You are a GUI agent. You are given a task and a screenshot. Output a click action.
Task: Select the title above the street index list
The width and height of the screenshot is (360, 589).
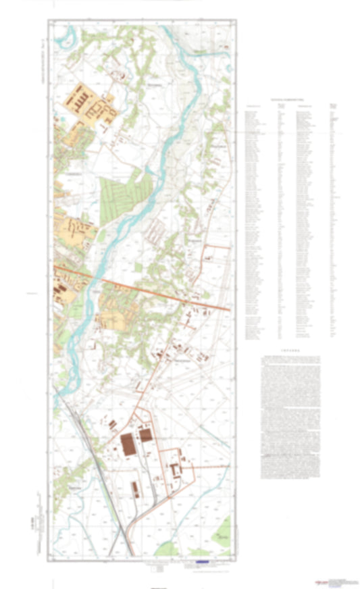click(289, 99)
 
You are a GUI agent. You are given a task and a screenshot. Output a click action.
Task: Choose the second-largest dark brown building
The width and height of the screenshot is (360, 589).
click(146, 434)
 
